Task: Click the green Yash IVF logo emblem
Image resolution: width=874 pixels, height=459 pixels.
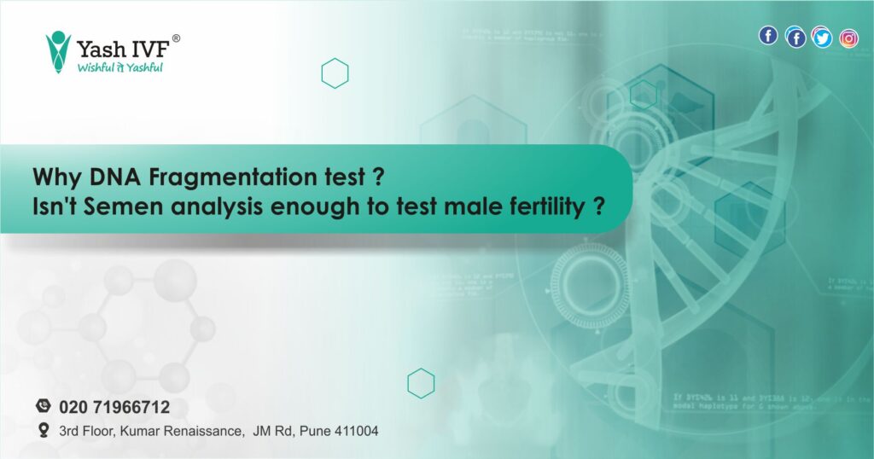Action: tap(58, 52)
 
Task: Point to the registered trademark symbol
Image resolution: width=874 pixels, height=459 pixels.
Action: tap(176, 38)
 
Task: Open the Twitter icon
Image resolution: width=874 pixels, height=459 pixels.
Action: tap(822, 38)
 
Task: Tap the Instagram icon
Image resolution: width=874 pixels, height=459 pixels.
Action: tap(848, 38)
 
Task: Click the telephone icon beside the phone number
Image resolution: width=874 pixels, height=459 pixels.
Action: tap(44, 406)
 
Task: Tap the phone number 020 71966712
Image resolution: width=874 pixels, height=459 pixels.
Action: tap(114, 407)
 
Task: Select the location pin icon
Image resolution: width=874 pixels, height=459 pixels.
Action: tap(44, 431)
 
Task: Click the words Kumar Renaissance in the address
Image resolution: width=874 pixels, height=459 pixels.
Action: tap(181, 432)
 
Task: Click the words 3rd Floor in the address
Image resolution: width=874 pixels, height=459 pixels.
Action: tap(87, 432)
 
